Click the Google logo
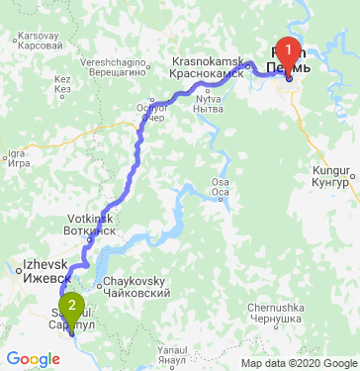(33, 358)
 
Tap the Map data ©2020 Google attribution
(297, 363)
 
